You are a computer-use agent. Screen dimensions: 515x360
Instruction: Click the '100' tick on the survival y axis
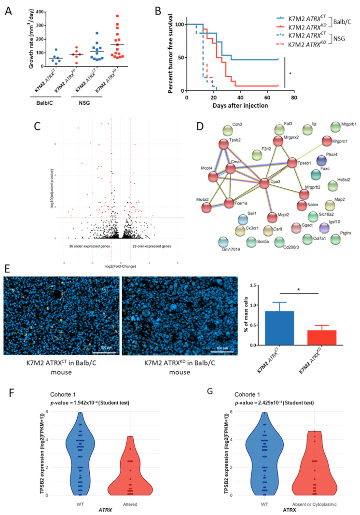(180, 24)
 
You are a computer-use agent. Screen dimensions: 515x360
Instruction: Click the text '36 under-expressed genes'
(91, 246)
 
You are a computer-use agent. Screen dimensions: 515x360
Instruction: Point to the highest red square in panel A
(117, 16)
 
